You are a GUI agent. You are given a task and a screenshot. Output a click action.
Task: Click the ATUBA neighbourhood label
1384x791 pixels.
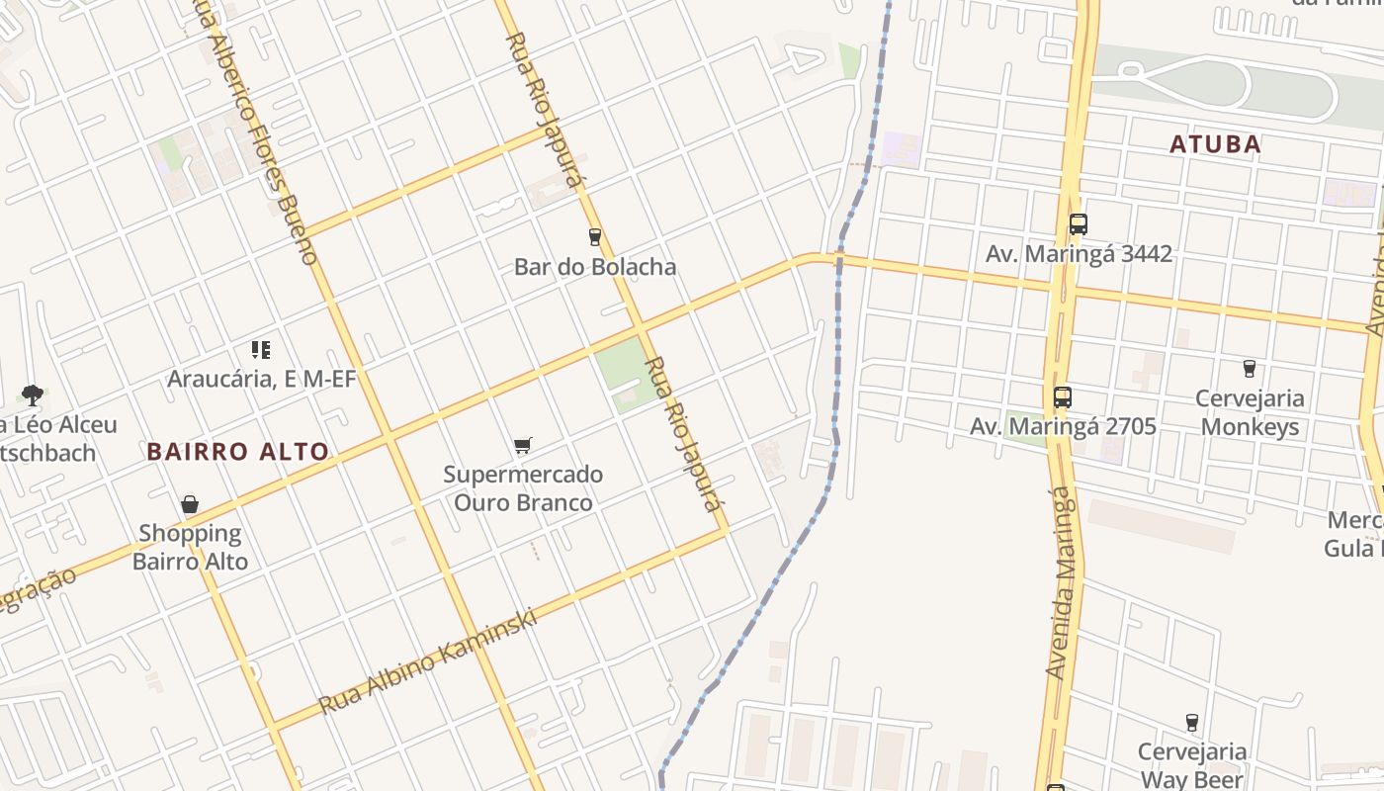pos(1215,144)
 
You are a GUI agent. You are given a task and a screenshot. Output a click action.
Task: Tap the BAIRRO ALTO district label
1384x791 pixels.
pos(237,452)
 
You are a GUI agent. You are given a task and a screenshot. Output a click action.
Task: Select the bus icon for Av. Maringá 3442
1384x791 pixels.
pos(1078,224)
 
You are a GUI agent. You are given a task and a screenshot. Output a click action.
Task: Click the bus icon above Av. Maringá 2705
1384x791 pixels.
pos(1062,397)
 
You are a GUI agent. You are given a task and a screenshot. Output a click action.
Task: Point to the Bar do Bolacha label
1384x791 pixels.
pos(595,266)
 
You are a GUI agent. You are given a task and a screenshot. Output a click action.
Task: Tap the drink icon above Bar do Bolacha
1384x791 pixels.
pos(594,237)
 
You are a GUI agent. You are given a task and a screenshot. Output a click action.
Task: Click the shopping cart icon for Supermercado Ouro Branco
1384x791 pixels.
pos(523,446)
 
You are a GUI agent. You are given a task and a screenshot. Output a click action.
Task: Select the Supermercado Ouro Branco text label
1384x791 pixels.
pos(523,488)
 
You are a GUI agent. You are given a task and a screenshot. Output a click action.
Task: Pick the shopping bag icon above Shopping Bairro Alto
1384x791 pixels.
pos(190,505)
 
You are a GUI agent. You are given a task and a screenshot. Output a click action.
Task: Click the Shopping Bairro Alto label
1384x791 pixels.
pos(190,547)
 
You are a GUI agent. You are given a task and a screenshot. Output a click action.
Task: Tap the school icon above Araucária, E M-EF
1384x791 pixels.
pos(261,349)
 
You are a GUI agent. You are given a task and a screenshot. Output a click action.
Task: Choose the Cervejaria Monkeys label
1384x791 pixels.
pos(1250,412)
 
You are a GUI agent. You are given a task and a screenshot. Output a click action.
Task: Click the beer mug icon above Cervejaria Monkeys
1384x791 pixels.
pos(1249,369)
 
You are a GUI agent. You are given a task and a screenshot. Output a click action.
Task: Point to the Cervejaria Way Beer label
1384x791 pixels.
pos(1192,765)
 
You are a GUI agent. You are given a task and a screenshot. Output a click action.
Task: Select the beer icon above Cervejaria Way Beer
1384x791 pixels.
pos(1191,723)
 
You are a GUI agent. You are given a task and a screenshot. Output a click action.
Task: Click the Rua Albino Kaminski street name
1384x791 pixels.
pos(428,660)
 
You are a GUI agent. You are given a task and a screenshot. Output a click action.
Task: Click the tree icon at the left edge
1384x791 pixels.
pos(32,395)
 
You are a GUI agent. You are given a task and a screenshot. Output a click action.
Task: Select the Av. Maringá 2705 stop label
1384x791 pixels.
pos(1063,426)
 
